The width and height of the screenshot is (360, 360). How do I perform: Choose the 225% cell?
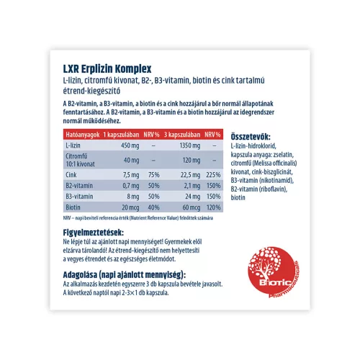(212, 174)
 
